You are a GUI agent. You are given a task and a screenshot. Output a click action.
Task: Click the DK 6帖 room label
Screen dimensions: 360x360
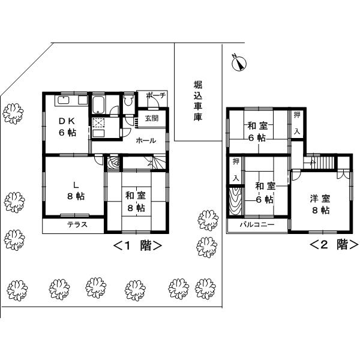(x=67, y=127)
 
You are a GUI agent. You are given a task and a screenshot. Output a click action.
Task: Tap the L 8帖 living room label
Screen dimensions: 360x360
(x=71, y=189)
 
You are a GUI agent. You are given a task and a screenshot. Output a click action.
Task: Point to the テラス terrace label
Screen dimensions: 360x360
(x=77, y=226)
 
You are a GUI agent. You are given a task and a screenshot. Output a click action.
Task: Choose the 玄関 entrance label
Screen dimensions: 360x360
(x=151, y=119)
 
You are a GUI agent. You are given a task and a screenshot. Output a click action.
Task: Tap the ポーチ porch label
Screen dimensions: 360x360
(x=155, y=96)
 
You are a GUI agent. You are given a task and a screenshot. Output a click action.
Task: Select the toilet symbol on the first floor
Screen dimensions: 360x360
(x=128, y=103)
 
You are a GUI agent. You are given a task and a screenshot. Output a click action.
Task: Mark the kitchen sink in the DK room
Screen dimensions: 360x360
(x=65, y=100)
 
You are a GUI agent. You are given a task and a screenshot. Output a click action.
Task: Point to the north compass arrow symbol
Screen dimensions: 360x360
(x=239, y=62)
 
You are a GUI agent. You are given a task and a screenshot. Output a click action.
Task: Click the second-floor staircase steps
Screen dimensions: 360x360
(x=324, y=162)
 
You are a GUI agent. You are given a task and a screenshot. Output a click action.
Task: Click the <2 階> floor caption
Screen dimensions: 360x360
(x=334, y=245)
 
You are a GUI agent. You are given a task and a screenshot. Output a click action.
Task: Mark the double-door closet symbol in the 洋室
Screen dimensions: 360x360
(x=343, y=173)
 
